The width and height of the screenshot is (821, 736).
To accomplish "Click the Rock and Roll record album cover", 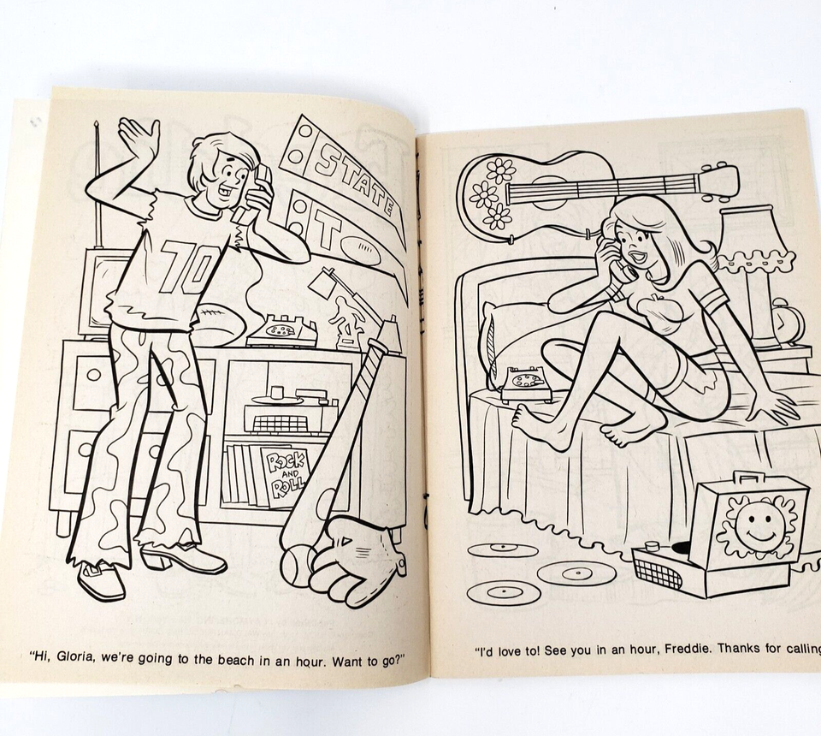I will point(287,478).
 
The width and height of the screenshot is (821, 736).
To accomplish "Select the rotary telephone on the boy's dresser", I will point(282,330).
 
